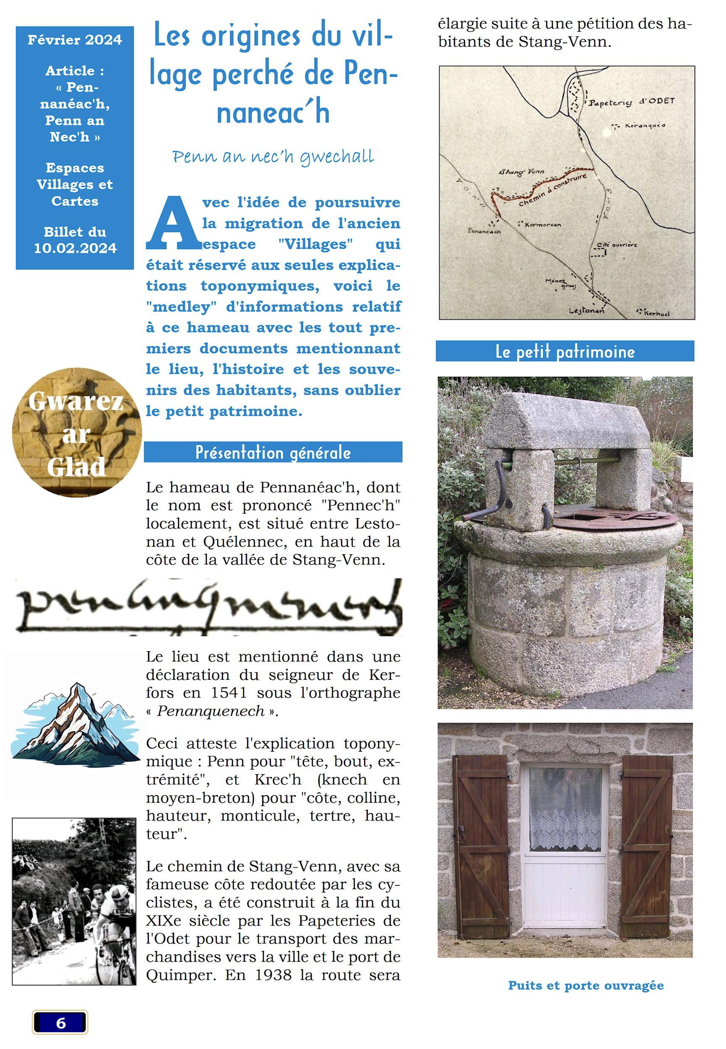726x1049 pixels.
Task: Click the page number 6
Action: pyautogui.click(x=60, y=1023)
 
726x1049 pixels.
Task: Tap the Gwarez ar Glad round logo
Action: pyautogui.click(x=76, y=433)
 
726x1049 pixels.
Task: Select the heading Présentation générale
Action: pyautogui.click(x=273, y=452)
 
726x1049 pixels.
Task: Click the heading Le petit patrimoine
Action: pyautogui.click(x=565, y=351)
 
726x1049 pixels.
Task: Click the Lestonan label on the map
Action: pyautogui.click(x=586, y=311)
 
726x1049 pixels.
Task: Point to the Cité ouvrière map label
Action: pyautogui.click(x=617, y=245)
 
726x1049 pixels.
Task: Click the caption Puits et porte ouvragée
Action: pyautogui.click(x=585, y=985)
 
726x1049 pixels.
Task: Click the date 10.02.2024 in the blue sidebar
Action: pyautogui.click(x=75, y=248)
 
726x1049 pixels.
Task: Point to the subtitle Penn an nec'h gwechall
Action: pyautogui.click(x=273, y=157)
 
